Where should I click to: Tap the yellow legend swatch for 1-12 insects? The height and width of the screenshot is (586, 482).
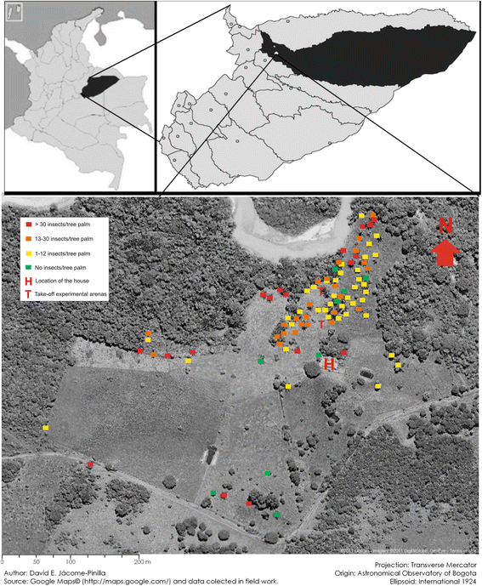pyautogui.click(x=27, y=253)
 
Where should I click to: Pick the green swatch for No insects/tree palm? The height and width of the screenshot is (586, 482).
pyautogui.click(x=27, y=268)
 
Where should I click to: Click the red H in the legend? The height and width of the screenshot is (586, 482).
pyautogui.click(x=27, y=281)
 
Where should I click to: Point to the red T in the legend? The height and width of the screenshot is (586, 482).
pyautogui.click(x=27, y=294)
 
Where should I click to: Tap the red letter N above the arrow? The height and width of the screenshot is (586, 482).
pyautogui.click(x=445, y=225)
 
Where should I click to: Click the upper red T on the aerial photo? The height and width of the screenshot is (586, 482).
pyautogui.click(x=321, y=322)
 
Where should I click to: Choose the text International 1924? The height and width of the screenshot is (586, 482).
pyautogui.click(x=447, y=581)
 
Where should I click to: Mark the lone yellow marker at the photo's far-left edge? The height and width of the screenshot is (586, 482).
pyautogui.click(x=46, y=427)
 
